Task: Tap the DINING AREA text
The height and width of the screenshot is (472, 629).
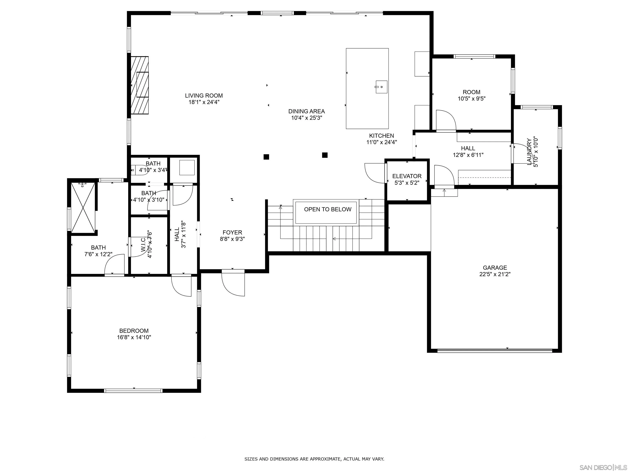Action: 306,111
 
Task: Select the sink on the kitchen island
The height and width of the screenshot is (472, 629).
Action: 381,87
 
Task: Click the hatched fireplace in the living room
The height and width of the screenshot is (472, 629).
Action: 139,85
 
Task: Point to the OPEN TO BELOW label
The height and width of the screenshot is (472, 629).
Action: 328,209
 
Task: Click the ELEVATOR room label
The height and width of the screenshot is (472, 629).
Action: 407,176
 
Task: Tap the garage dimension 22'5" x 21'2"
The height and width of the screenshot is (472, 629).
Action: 495,274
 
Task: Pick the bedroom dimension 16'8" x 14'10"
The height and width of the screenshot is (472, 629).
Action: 134,337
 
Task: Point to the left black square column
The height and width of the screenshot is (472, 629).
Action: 266,157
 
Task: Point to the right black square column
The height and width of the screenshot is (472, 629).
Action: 325,155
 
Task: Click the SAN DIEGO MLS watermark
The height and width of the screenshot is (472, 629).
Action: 603,467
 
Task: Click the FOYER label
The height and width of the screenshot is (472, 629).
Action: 232,233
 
